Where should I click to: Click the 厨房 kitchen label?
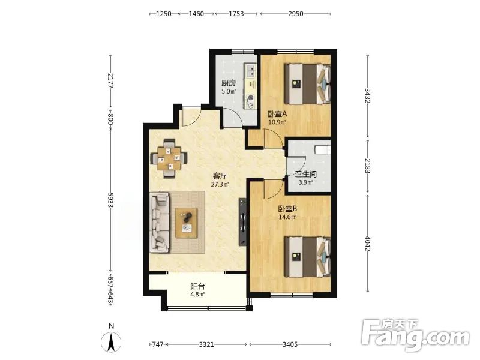(x=229, y=83)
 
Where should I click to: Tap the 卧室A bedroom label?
(x=277, y=114)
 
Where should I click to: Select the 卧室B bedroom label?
(x=288, y=209)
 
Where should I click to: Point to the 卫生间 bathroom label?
(x=306, y=175)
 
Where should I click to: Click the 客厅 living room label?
(x=220, y=176)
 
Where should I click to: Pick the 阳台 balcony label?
(x=198, y=287)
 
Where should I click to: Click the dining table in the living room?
(x=169, y=158)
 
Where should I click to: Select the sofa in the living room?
(x=160, y=223)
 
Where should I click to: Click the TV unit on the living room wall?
(x=243, y=221)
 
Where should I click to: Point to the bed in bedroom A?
(x=308, y=83)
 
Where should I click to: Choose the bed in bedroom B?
(x=308, y=257)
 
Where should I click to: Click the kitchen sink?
(x=250, y=70)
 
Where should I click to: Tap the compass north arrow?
(x=112, y=342)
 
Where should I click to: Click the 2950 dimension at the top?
(x=296, y=14)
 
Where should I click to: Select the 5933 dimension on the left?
(x=111, y=200)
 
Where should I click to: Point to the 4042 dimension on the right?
(x=368, y=244)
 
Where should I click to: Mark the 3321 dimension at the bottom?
(x=206, y=344)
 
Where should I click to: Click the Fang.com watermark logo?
(x=415, y=336)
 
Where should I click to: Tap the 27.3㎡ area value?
(x=220, y=185)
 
